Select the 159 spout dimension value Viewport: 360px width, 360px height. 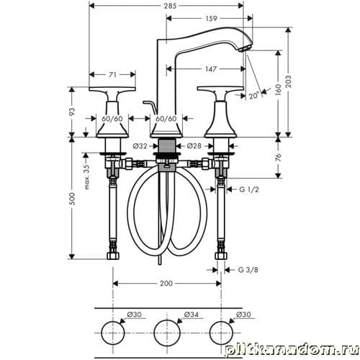pos(211,18)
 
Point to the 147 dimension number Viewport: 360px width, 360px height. pos(211,69)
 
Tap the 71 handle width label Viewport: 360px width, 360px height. pos(112,75)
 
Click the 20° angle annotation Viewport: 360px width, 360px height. pos(254,96)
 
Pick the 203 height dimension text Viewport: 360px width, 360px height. pos(289,81)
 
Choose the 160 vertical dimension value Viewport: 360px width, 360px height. pos(278,90)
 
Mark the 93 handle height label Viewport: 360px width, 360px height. pos(72,112)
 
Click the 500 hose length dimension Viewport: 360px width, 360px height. pos(72,199)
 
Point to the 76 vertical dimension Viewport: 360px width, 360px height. pos(278,158)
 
